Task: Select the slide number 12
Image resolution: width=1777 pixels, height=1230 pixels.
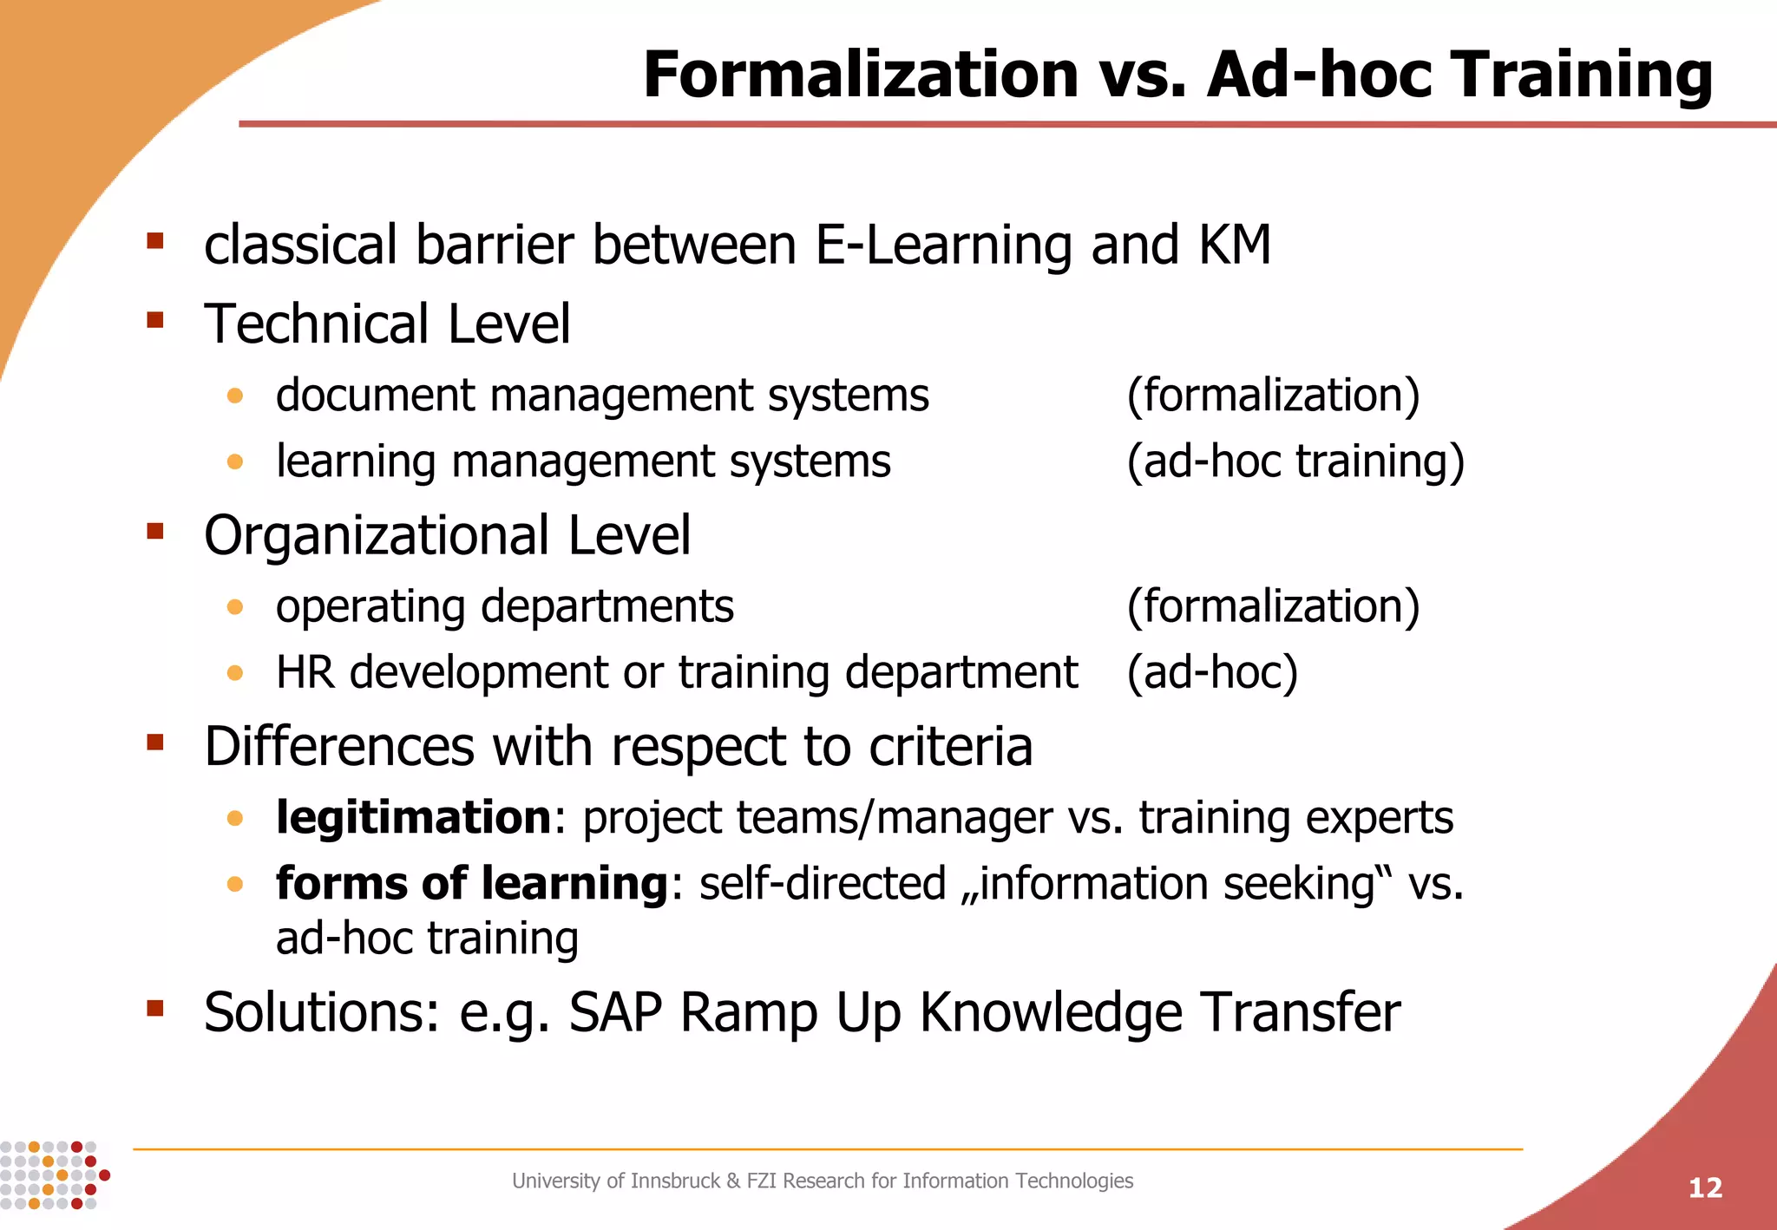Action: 1705,1187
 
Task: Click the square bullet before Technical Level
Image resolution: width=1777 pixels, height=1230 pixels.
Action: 155,321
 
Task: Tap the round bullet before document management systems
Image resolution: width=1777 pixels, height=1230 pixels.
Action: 234,396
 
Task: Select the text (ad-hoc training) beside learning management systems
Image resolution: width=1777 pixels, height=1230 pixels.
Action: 1295,461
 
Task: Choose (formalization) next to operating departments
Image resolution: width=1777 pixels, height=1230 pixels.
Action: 1273,605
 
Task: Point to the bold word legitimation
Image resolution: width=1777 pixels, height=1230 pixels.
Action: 413,817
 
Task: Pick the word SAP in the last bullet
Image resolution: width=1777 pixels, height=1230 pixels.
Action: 615,1011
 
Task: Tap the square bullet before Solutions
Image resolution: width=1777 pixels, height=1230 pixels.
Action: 155,1008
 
